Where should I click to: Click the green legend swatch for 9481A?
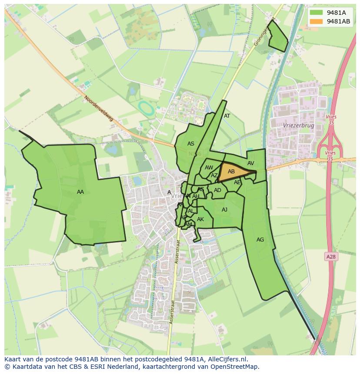[316, 13]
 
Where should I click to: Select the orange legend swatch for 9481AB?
[316, 22]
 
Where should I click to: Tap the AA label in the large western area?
[80, 192]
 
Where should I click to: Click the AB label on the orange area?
[231, 172]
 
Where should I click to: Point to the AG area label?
[260, 240]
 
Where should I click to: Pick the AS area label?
[191, 144]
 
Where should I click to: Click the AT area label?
[227, 116]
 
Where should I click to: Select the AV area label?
[250, 163]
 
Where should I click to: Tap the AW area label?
[209, 168]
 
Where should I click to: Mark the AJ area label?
[224, 210]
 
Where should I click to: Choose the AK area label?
[200, 219]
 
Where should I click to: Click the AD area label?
[217, 190]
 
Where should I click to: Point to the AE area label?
[237, 182]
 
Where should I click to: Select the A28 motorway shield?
[331, 257]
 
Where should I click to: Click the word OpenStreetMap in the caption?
[234, 367]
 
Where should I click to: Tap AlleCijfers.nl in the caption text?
[226, 359]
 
